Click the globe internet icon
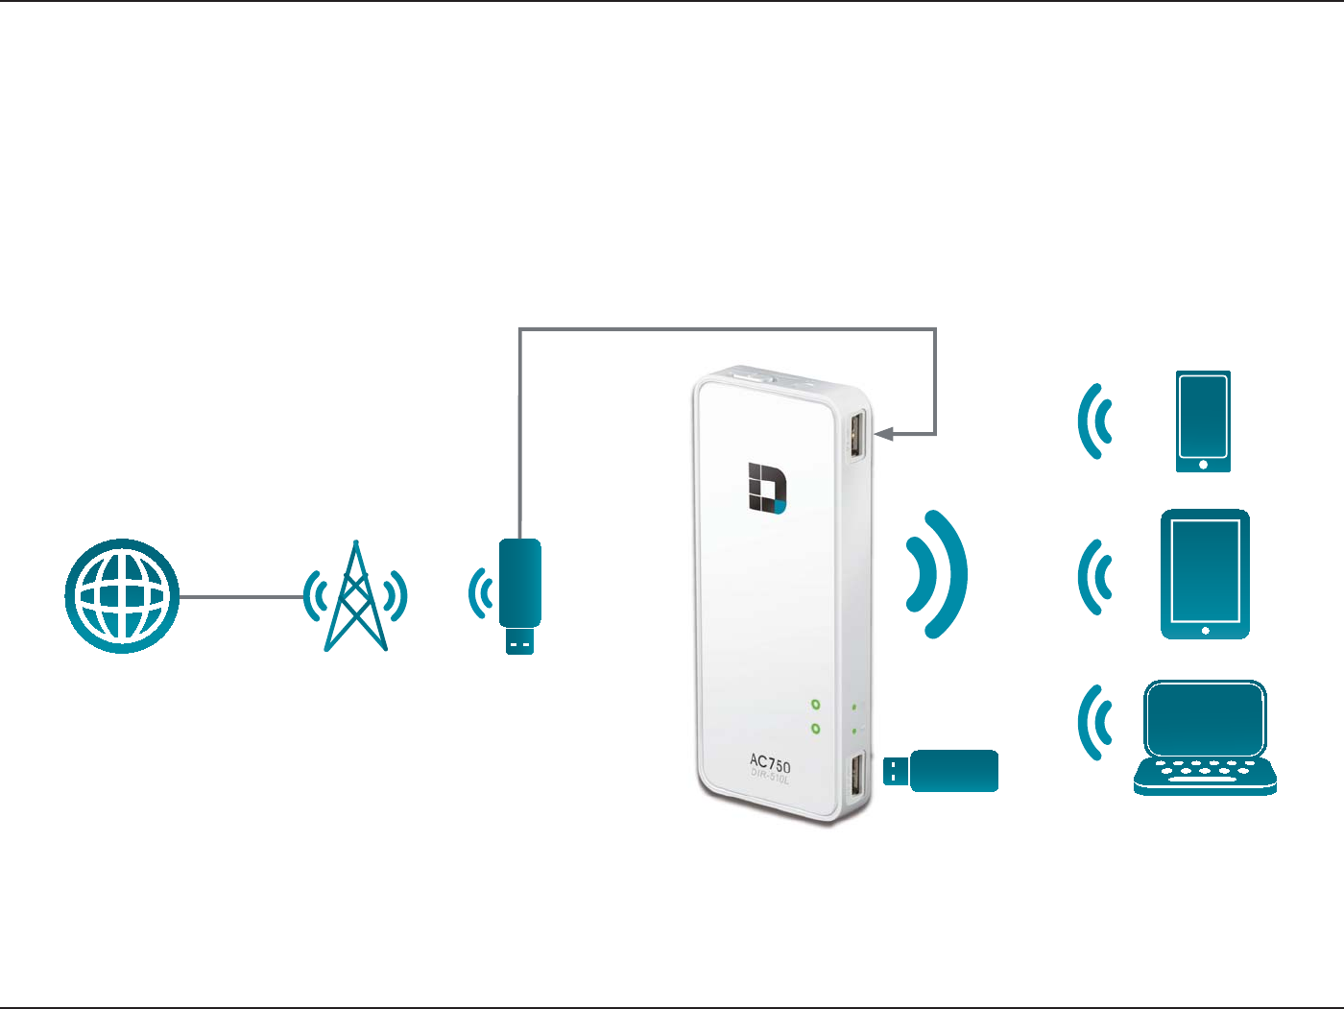click(x=122, y=596)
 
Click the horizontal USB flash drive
click(x=942, y=771)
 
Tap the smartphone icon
click(x=1203, y=421)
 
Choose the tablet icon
click(x=1205, y=574)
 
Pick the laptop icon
click(x=1205, y=737)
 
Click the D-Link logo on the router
click(x=767, y=488)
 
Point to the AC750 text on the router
click(x=770, y=764)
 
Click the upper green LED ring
click(x=815, y=705)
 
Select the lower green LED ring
click(x=815, y=729)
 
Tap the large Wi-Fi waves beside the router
click(x=935, y=574)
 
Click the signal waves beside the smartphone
click(x=1093, y=421)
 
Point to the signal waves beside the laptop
click(x=1093, y=722)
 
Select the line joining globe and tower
click(x=240, y=596)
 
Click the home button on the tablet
click(x=1206, y=631)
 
